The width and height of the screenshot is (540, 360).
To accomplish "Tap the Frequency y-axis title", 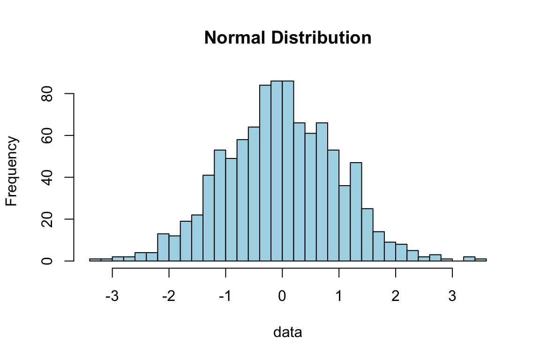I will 12,172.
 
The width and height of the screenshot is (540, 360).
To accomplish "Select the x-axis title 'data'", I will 288,333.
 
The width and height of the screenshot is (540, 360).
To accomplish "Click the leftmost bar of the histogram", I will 95,260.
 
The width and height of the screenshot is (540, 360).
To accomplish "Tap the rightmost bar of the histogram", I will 480,260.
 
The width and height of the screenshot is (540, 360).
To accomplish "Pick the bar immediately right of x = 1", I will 345,225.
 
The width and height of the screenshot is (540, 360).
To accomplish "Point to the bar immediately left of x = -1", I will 220,206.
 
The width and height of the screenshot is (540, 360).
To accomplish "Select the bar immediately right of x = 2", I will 401,253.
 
